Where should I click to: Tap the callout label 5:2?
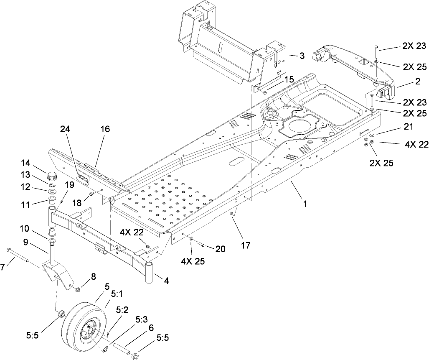coord(122,310)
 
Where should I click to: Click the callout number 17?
coord(246,245)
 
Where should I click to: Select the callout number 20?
coord(220,249)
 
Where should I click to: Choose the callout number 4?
coord(166,281)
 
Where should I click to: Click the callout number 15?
coord(289,79)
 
